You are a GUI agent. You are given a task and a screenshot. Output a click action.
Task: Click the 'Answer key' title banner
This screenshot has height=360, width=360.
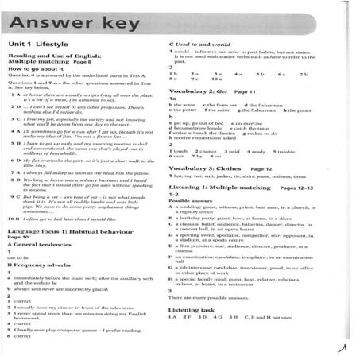coord(79,23)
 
